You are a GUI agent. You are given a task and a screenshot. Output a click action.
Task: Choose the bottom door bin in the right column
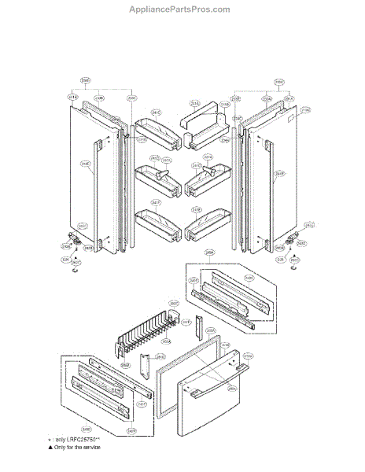pos(206,226)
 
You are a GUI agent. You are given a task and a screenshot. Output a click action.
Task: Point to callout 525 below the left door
pos(65,257)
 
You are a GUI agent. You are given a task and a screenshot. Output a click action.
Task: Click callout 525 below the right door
pos(279,258)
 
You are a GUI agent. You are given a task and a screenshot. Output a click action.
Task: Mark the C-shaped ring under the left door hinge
pos(72,269)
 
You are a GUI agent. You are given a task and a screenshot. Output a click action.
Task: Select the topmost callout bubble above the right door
pos(279,81)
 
